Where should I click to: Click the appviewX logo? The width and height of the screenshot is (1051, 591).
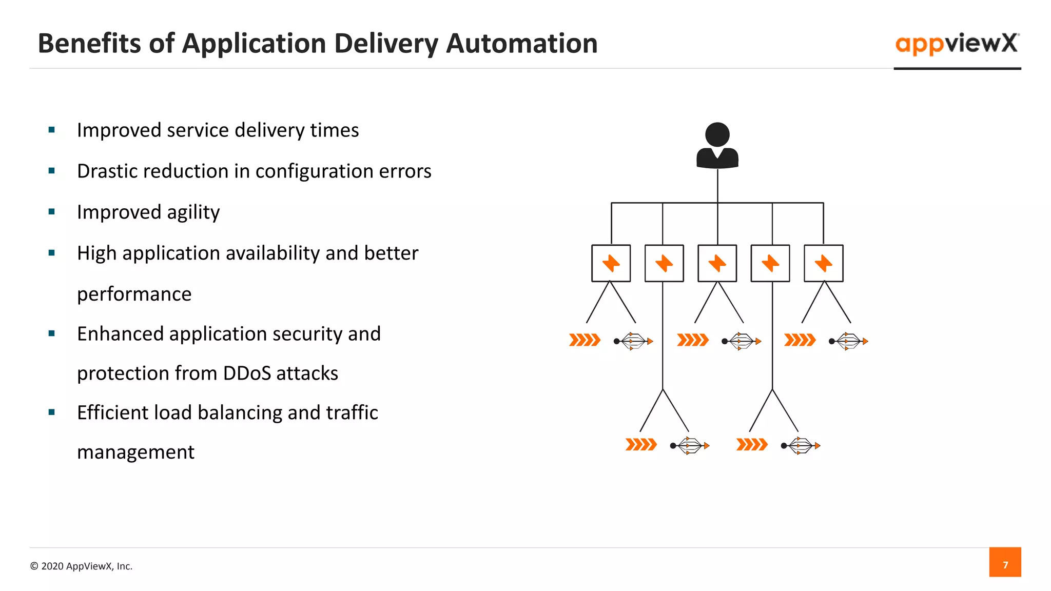(x=957, y=44)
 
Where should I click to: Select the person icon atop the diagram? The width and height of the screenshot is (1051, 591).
(x=717, y=146)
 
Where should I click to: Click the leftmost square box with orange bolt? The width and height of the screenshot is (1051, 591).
(x=611, y=263)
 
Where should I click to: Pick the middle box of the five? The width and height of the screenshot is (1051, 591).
(x=717, y=263)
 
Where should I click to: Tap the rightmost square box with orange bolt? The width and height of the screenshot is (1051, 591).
(x=823, y=263)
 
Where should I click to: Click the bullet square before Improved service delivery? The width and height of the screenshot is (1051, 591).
(x=51, y=130)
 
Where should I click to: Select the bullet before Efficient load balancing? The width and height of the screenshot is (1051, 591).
(x=51, y=412)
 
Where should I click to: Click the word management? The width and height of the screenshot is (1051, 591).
(x=135, y=452)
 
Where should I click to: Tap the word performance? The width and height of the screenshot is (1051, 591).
(x=134, y=294)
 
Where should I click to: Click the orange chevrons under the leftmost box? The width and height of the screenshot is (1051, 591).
(x=585, y=340)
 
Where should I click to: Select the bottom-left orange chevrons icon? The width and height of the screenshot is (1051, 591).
(x=641, y=445)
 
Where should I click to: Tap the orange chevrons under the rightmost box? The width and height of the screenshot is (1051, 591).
(x=800, y=340)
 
